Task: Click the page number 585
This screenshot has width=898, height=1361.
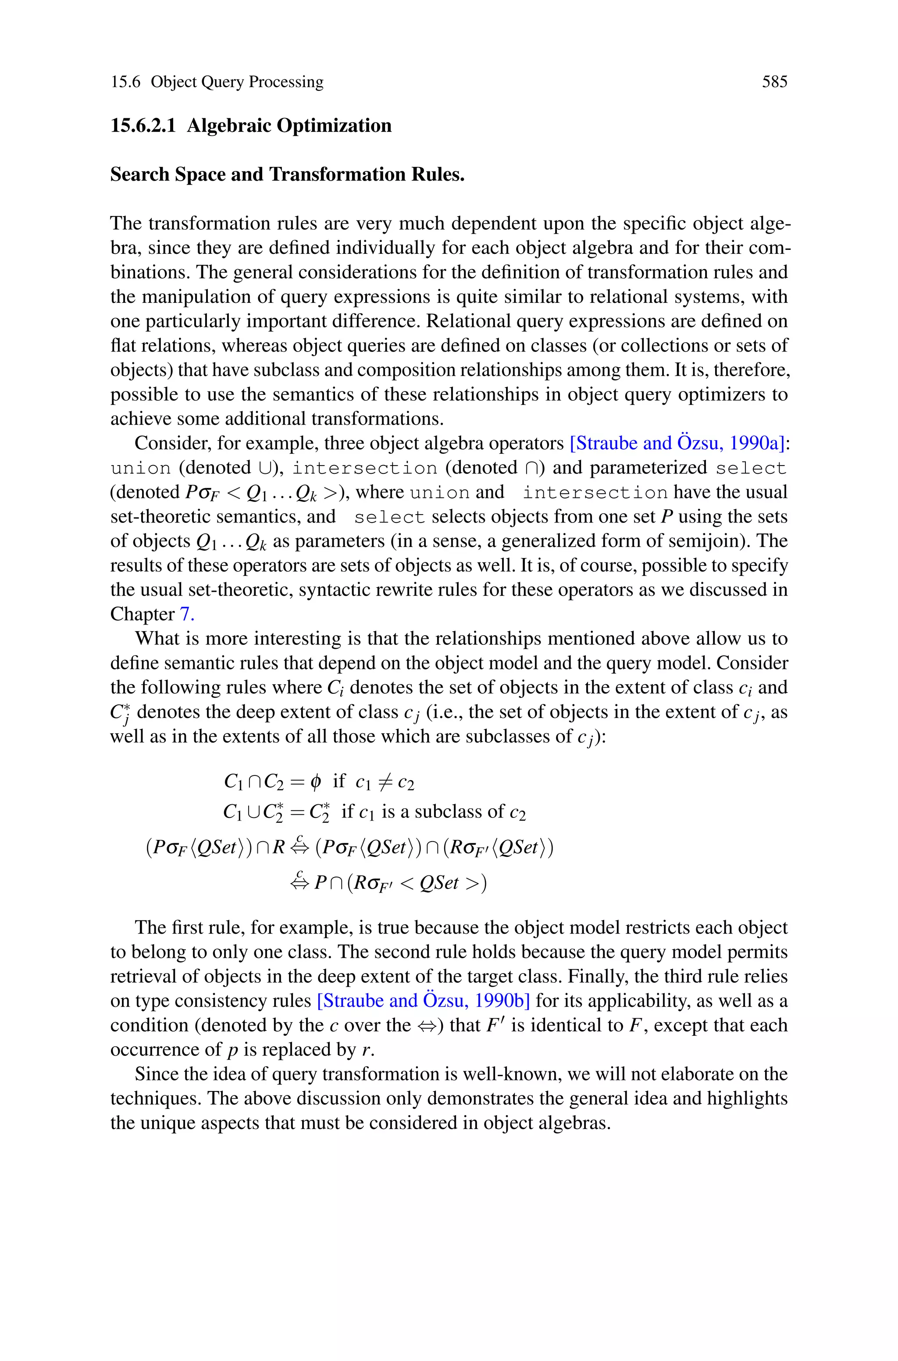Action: pyautogui.click(x=774, y=82)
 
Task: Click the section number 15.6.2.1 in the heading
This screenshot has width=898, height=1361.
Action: pyautogui.click(x=143, y=125)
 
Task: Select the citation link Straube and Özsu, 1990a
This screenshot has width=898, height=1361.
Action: pyautogui.click(x=677, y=444)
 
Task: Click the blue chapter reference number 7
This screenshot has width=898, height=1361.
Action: pyautogui.click(x=187, y=614)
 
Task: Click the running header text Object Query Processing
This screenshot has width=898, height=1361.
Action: pyautogui.click(x=237, y=82)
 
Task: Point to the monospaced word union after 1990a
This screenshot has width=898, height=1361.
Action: pyautogui.click(x=141, y=469)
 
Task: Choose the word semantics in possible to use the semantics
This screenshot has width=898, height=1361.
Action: pyautogui.click(x=339, y=394)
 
